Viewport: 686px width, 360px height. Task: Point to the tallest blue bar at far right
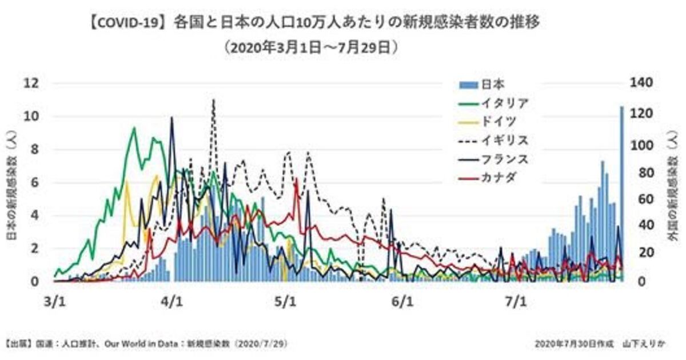(621, 194)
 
